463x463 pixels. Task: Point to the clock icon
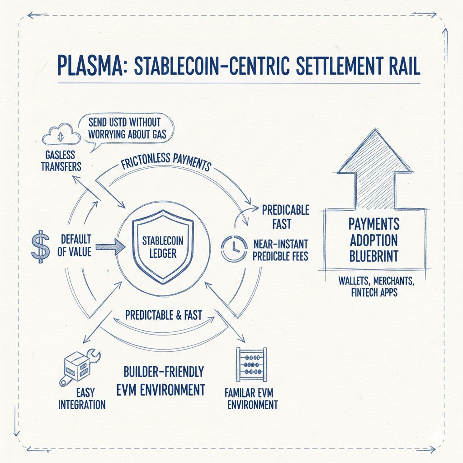tap(231, 250)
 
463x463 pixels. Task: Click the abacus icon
tap(250, 364)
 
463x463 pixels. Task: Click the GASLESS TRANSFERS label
tap(61, 161)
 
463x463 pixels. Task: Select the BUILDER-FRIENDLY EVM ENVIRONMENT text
tap(164, 381)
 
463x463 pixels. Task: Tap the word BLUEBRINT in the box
tap(374, 256)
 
